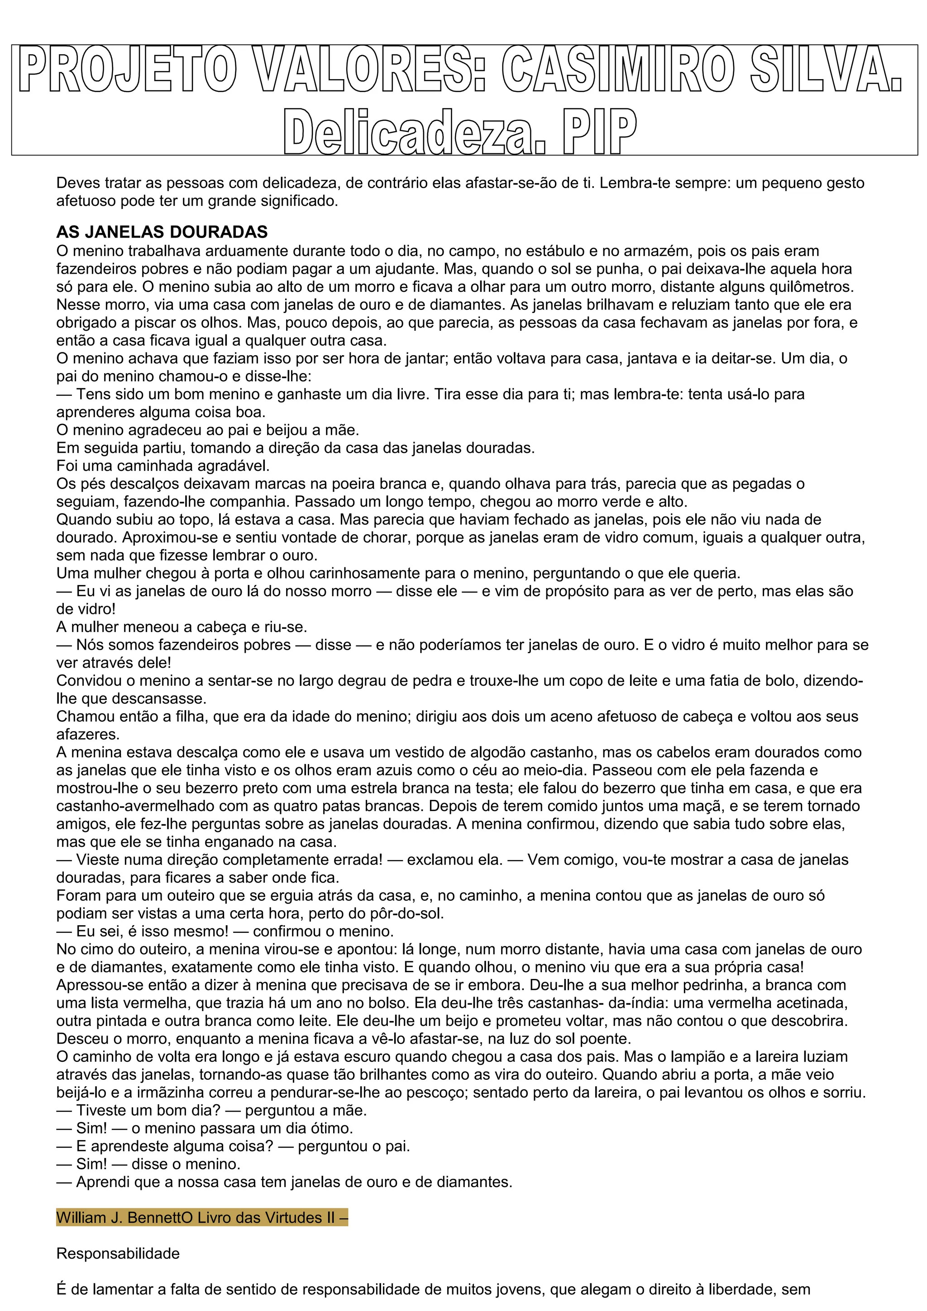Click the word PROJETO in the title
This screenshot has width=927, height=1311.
click(127, 71)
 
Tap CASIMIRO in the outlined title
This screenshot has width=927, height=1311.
click(617, 71)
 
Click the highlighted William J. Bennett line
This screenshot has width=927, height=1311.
click(201, 1217)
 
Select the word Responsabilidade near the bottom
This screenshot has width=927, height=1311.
click(118, 1254)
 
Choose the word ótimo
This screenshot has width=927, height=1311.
click(329, 1128)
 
